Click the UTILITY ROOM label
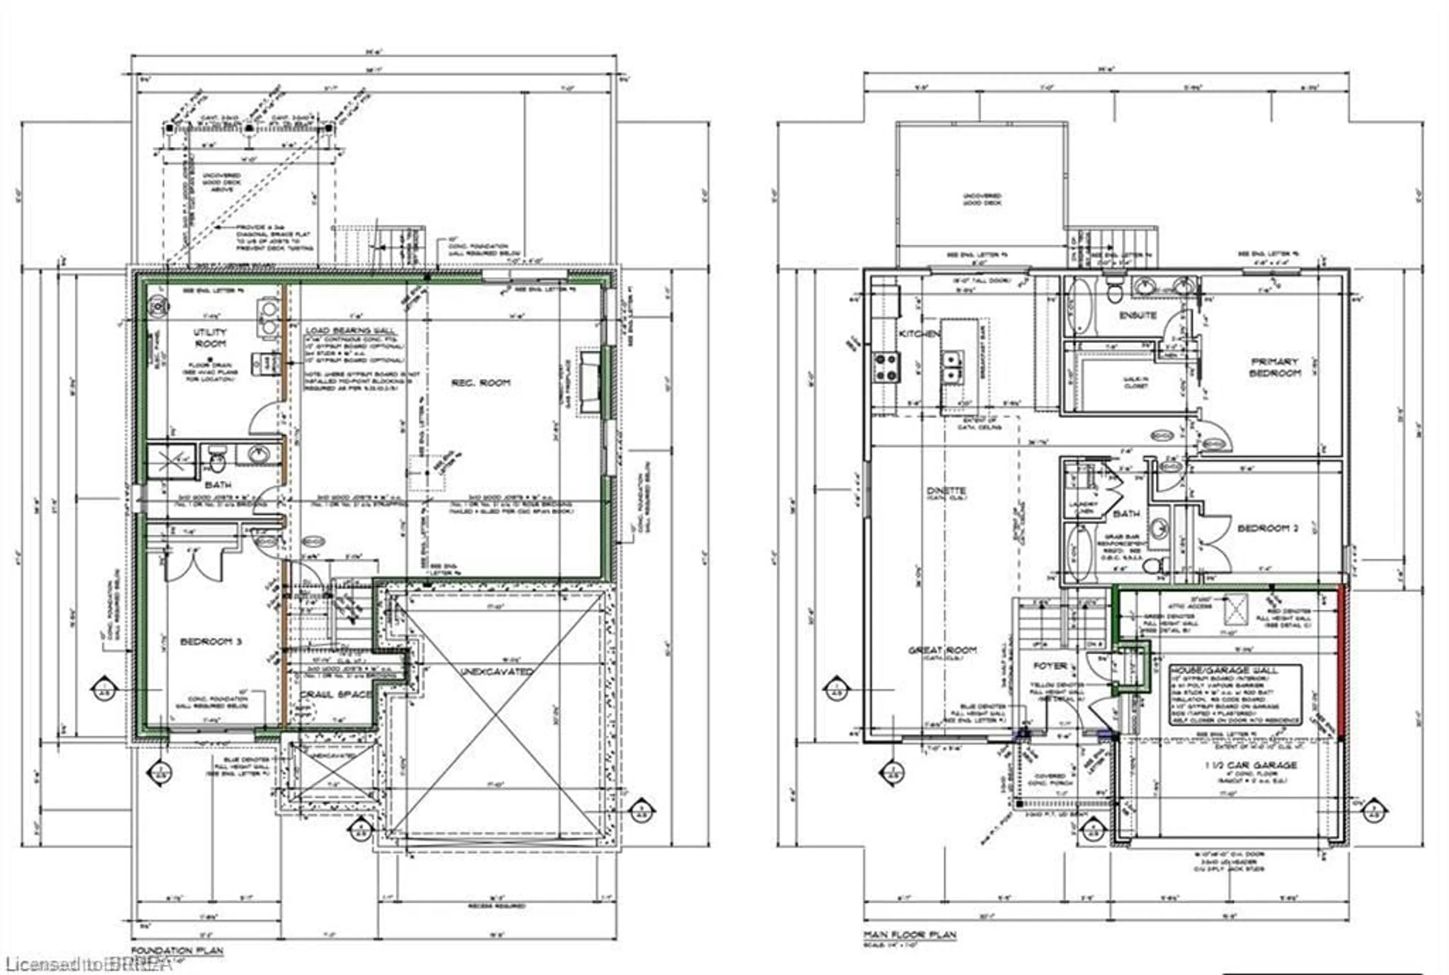click(x=210, y=338)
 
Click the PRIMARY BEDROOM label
click(x=1275, y=367)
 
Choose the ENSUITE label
click(x=1137, y=315)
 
